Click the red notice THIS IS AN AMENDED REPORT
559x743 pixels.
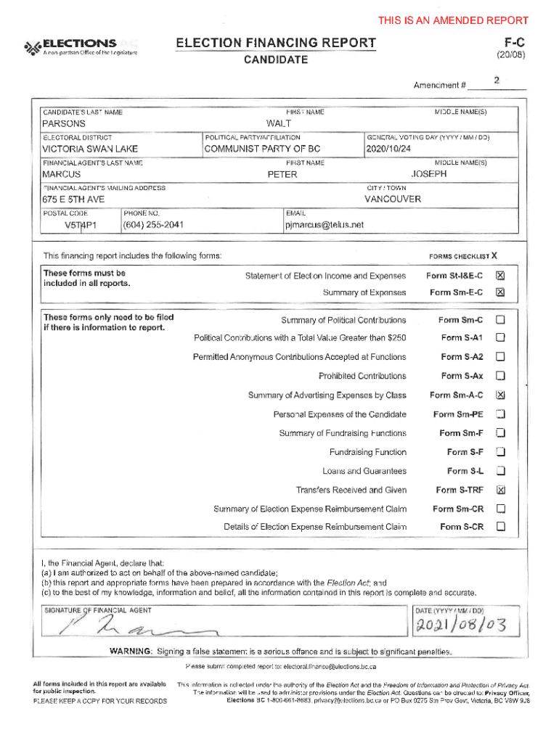tap(453, 20)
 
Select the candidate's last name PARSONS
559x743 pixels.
tap(64, 124)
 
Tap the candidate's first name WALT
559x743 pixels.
tap(279, 124)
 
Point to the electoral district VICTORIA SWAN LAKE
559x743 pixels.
tap(89, 149)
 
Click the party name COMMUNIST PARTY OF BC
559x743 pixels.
tap(262, 149)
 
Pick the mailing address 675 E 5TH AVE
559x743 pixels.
tap(73, 200)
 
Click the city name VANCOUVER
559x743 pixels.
tap(393, 199)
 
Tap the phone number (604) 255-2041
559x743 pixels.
tap(153, 225)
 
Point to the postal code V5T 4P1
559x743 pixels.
tap(81, 225)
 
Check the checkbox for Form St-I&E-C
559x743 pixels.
tap(500, 276)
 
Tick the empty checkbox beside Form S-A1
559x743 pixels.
tap(500, 338)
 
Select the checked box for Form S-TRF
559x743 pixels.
tap(500, 490)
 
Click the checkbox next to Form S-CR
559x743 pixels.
tap(500, 527)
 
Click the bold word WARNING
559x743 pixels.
tap(131, 650)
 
